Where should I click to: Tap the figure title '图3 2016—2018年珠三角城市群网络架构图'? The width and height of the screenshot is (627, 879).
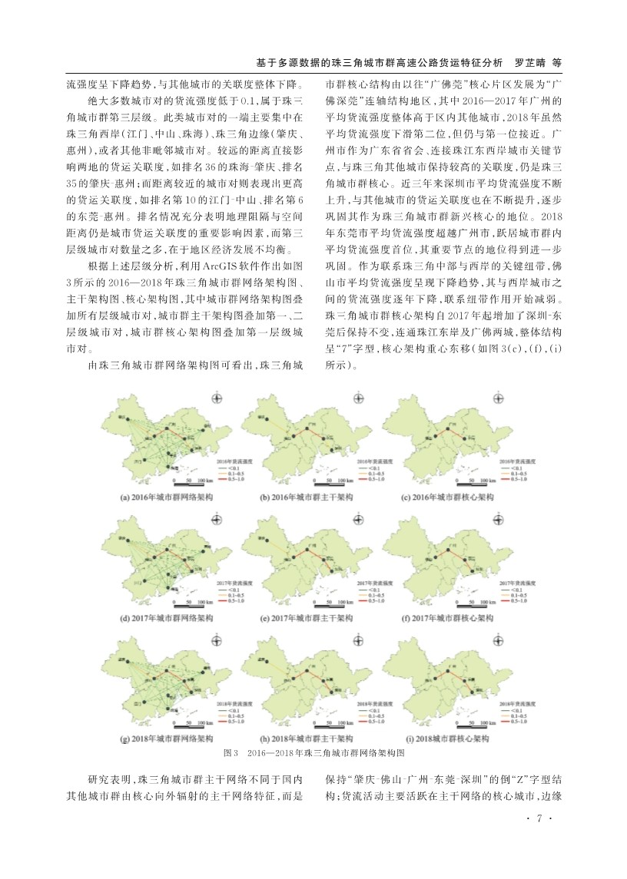(313, 753)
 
